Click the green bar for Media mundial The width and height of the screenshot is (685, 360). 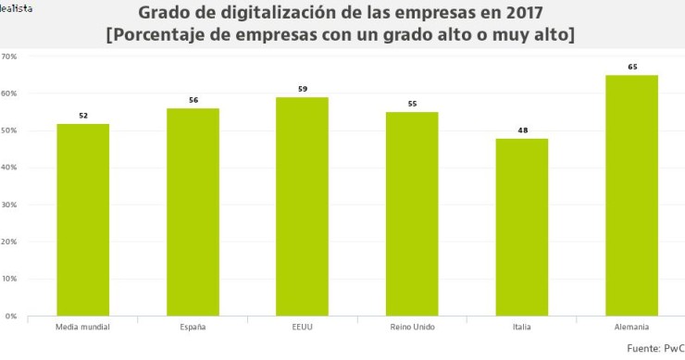pos(82,220)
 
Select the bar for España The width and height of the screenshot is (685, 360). pos(193,212)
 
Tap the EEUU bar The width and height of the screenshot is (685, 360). pos(302,206)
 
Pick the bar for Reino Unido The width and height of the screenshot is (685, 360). pos(412,214)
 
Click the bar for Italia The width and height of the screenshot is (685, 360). pos(521,227)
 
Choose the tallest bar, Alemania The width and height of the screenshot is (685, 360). pos(631,195)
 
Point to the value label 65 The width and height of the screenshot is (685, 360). pos(631,67)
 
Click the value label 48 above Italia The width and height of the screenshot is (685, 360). pos(521,130)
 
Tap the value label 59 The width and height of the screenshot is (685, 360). pos(302,89)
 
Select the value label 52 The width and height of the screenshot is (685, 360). pos(82,115)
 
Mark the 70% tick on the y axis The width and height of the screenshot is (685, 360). pos(9,56)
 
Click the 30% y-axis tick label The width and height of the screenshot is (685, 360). pos(9,205)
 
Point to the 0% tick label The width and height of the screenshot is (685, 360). pos(11,316)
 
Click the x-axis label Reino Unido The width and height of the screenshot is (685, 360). pos(412,328)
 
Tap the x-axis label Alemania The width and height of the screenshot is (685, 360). pos(631,328)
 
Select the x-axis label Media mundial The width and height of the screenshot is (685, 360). pos(82,328)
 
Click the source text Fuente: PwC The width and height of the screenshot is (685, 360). pos(654,349)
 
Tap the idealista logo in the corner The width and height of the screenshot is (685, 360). pos(17,7)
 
